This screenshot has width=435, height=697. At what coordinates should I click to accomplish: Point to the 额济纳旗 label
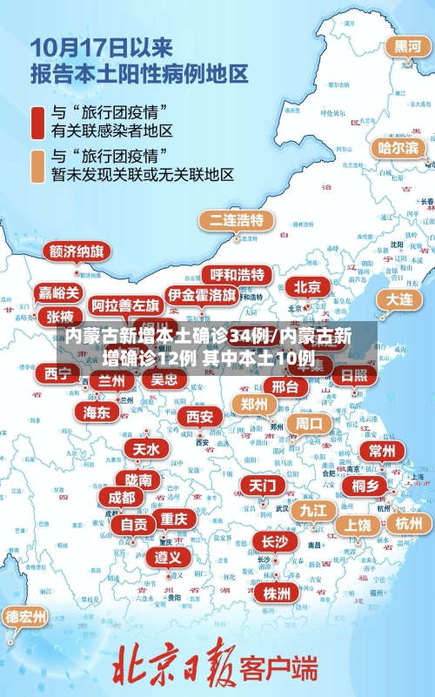click(77, 251)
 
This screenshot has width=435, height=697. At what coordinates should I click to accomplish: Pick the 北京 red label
click(307, 286)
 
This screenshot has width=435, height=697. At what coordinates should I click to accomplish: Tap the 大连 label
click(399, 298)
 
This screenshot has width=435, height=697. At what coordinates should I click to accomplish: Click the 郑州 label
click(254, 404)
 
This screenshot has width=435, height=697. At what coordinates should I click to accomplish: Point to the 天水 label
click(146, 448)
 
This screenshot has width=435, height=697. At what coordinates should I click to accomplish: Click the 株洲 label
click(277, 593)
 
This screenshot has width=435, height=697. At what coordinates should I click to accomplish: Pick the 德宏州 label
click(26, 616)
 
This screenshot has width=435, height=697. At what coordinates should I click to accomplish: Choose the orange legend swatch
click(37, 165)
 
